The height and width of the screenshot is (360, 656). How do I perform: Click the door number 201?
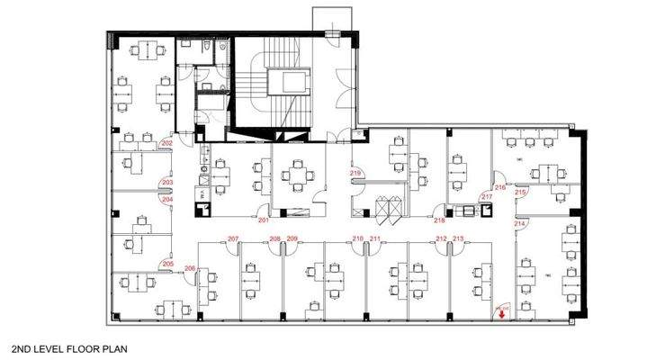tap(264, 220)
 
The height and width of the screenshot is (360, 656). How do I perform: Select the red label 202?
tap(166, 143)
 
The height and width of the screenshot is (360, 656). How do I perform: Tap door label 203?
tap(166, 182)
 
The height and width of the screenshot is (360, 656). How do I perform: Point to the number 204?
tap(166, 200)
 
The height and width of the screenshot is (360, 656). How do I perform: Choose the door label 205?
tap(166, 264)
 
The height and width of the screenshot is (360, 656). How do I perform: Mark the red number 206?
tap(190, 268)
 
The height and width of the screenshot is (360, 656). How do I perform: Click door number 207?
tap(233, 238)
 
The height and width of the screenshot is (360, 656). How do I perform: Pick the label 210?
tap(357, 238)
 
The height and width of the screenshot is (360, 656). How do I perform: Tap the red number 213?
tap(458, 238)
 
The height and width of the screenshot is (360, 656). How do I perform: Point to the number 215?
tap(519, 192)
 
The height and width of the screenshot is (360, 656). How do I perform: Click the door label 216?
tap(499, 187)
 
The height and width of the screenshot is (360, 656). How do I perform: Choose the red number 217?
tap(487, 196)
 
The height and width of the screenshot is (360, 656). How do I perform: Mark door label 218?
tap(440, 220)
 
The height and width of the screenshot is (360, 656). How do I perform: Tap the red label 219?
tap(355, 172)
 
